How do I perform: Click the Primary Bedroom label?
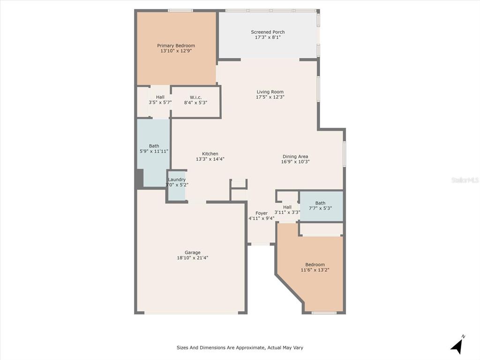point(176,45)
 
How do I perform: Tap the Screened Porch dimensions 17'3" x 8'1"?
point(268,37)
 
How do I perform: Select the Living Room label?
point(270,92)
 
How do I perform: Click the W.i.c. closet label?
point(195,97)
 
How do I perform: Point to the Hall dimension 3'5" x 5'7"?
point(160,103)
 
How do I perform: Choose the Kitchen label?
point(210,154)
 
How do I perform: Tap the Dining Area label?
point(295,157)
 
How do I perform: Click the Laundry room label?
point(177,180)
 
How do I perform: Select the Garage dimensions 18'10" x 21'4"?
point(193,258)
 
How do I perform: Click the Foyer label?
point(262,213)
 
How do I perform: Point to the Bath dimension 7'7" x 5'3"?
point(320,208)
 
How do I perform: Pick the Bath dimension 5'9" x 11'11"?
point(154,151)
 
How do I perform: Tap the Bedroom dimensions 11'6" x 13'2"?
point(315,270)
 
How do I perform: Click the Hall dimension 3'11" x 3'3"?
point(287,212)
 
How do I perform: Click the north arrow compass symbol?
point(457,345)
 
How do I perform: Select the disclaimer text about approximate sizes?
point(240,348)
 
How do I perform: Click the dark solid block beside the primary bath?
point(140,179)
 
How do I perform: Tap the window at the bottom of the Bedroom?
point(324,313)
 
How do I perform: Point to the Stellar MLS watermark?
point(465,180)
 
